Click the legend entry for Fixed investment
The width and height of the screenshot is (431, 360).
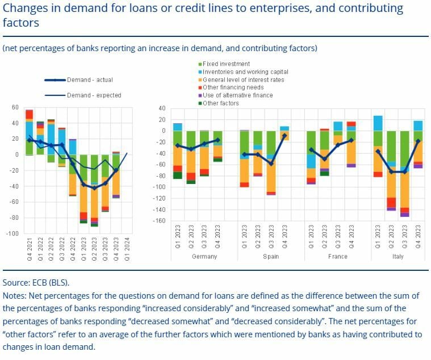point(226,64)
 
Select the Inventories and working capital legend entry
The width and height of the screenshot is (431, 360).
point(245,72)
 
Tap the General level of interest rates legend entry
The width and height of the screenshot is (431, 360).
point(243,80)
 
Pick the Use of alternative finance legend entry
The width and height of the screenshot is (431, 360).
point(237,95)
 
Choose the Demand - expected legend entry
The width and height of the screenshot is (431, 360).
point(94,95)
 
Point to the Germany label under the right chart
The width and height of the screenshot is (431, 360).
point(204,257)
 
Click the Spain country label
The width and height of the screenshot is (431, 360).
point(271,257)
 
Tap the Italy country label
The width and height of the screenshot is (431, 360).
point(397,257)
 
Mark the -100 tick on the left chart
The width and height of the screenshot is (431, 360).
point(12,233)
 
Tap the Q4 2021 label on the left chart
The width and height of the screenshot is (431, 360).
point(30,249)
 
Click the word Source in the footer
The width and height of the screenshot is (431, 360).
point(15,282)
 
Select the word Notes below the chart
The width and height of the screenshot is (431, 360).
point(14,295)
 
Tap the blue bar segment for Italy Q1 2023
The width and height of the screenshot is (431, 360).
point(378,123)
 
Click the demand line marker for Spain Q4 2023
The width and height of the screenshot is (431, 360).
point(284,136)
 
